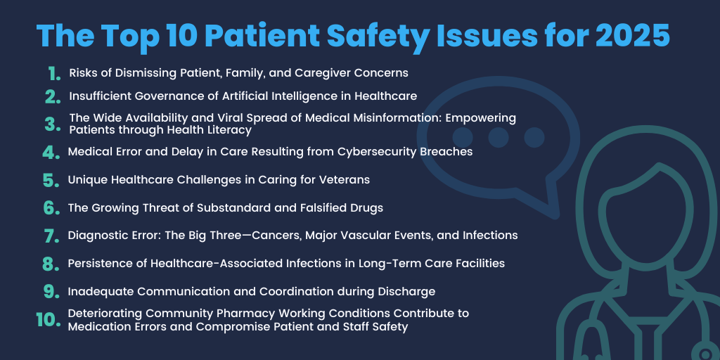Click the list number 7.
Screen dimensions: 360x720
click(x=51, y=236)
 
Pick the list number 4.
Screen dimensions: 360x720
click(x=51, y=152)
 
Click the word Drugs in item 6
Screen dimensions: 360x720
click(x=367, y=207)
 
